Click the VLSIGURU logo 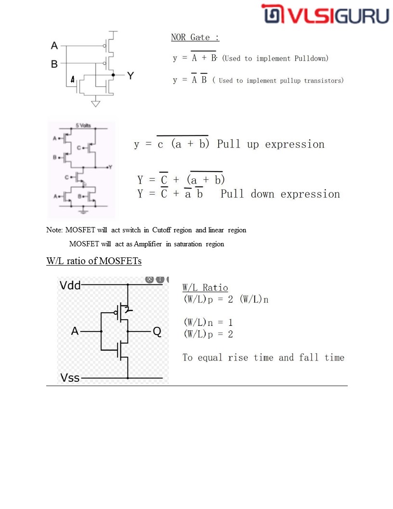click(326, 14)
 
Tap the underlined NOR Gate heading click(195, 38)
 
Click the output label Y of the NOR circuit click(131, 76)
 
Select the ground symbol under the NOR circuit click(96, 103)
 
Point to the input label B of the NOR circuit click(54, 64)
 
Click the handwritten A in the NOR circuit click(73, 80)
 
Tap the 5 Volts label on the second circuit click(82, 125)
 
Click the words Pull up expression click(271, 144)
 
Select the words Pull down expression click(280, 194)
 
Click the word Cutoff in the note click(162, 230)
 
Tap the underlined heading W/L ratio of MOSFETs click(94, 261)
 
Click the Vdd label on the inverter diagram click(70, 285)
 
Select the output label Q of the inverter click(157, 332)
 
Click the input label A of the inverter click(75, 332)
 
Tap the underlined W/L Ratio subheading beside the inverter click(205, 288)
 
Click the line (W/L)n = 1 click(208, 322)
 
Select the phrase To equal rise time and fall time click(263, 358)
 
